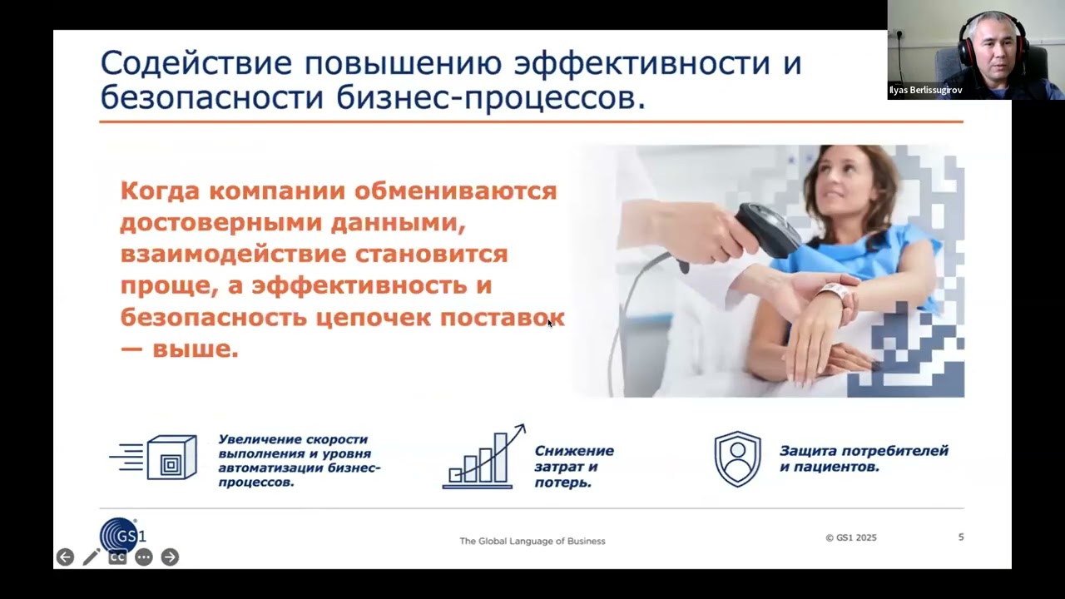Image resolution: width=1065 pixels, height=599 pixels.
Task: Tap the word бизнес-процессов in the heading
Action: [x=490, y=97]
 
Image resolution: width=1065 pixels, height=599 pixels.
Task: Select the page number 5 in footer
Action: [x=961, y=537]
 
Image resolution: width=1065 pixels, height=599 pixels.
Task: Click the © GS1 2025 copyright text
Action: [x=850, y=537]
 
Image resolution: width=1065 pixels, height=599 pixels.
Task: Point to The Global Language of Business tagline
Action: [x=532, y=541]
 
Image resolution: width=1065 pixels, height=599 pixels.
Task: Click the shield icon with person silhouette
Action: [x=737, y=458]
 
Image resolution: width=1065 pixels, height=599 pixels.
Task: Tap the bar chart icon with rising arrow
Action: [x=483, y=458]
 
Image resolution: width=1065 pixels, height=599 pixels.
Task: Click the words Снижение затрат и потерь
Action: [x=573, y=466]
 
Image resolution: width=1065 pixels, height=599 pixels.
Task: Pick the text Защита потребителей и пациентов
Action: [x=863, y=458]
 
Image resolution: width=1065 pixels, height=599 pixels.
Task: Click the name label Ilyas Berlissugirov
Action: [x=925, y=90]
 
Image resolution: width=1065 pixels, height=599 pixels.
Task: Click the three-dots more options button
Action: [x=144, y=557]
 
